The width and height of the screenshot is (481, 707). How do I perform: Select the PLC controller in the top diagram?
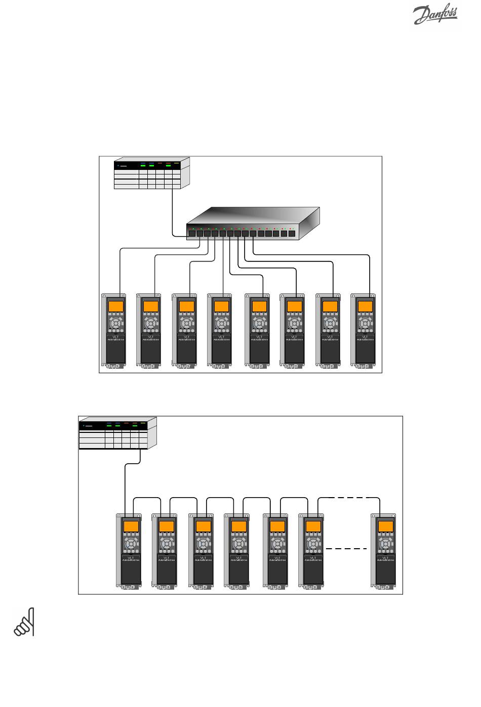[152, 173]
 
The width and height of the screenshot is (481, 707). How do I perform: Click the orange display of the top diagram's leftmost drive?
[116, 306]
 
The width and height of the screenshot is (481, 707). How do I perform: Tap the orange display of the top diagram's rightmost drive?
[365, 306]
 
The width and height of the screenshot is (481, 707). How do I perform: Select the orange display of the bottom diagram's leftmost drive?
[131, 526]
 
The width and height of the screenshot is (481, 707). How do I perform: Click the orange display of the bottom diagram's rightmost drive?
[385, 526]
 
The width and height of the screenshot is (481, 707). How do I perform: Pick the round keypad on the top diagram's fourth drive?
[221, 323]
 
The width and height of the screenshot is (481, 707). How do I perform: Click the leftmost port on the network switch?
[192, 234]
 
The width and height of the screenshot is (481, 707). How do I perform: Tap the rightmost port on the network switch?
[291, 234]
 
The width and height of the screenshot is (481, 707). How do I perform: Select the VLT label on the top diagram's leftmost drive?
[116, 336]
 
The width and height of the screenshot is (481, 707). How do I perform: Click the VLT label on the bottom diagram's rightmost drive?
[385, 556]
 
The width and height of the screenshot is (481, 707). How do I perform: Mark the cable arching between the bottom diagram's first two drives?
[147, 498]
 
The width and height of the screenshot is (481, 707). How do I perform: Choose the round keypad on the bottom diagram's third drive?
[203, 543]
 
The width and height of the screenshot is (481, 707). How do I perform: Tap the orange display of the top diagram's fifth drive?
[259, 306]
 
